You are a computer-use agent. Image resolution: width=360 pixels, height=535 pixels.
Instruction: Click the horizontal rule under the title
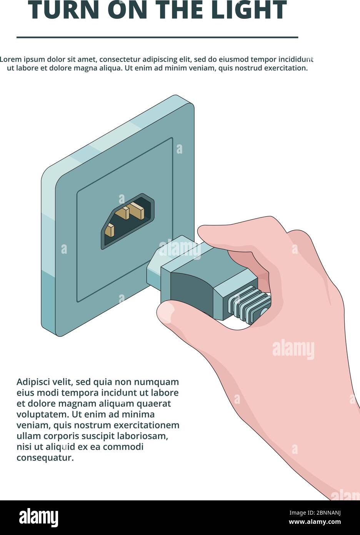click(x=157, y=37)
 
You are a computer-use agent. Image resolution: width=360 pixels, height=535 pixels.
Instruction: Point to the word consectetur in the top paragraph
click(x=120, y=59)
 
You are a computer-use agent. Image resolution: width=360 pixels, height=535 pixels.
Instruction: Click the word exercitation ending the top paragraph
click(x=284, y=68)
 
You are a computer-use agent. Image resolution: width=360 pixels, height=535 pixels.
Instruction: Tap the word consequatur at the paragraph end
click(x=45, y=458)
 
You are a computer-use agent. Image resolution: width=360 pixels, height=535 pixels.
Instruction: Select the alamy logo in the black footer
click(x=38, y=518)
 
